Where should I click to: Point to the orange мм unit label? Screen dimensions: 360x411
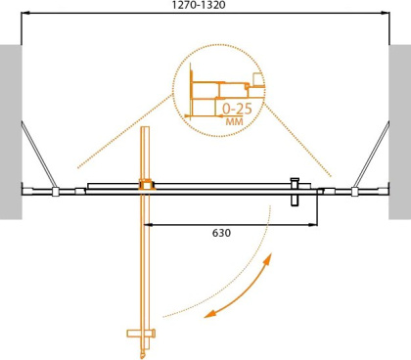[x=235, y=122]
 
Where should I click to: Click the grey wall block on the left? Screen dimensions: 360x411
[x=11, y=132]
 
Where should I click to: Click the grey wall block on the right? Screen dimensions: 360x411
[x=399, y=132]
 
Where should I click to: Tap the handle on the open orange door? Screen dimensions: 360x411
[x=141, y=336]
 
